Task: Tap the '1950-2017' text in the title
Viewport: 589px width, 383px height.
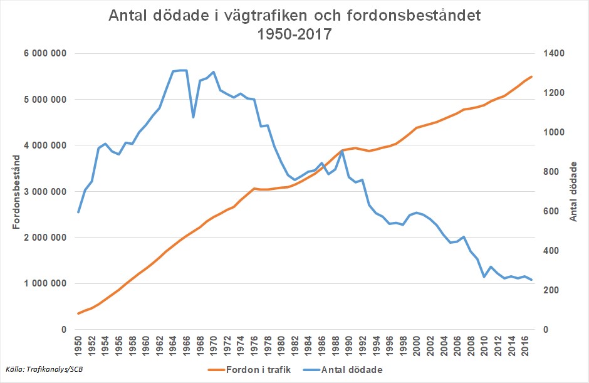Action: pyautogui.click(x=294, y=34)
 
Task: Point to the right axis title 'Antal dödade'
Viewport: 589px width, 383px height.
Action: pyautogui.click(x=574, y=191)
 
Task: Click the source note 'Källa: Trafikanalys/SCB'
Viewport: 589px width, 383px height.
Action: pyautogui.click(x=43, y=369)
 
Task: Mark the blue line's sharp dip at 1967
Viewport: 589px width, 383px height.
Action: pyautogui.click(x=193, y=117)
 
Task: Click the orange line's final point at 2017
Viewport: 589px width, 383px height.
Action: pyautogui.click(x=531, y=76)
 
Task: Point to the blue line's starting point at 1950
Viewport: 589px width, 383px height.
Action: pyautogui.click(x=78, y=212)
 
